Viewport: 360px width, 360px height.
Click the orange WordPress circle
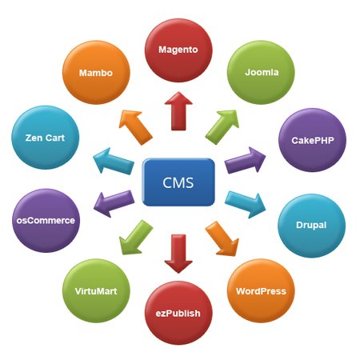pos(261,290)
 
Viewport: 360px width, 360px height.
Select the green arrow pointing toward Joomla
pos(223,124)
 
